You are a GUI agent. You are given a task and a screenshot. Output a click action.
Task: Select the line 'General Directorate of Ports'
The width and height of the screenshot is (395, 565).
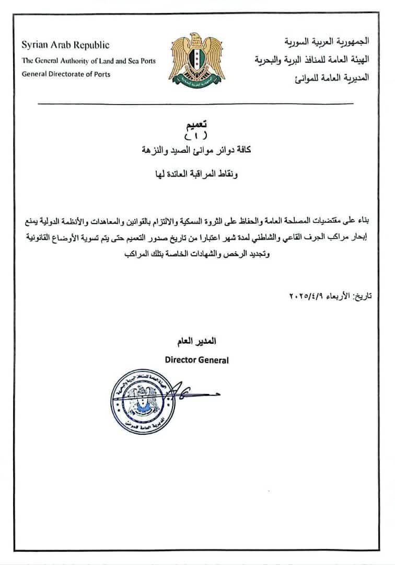66,74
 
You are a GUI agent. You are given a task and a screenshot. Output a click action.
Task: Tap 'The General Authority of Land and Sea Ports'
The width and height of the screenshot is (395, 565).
88,61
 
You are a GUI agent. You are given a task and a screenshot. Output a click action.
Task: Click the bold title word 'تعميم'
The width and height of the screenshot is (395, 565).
197,124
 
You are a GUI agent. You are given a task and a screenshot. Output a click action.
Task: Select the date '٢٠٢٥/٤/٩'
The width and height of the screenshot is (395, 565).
308,296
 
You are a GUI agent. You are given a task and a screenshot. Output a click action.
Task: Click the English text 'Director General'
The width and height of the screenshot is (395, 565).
196,360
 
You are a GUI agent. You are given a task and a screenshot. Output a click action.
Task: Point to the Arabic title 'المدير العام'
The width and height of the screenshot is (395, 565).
197,342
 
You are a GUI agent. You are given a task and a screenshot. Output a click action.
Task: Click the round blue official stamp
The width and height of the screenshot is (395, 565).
140,402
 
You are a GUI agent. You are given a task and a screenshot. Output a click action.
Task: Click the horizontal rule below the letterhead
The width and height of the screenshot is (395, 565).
197,104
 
